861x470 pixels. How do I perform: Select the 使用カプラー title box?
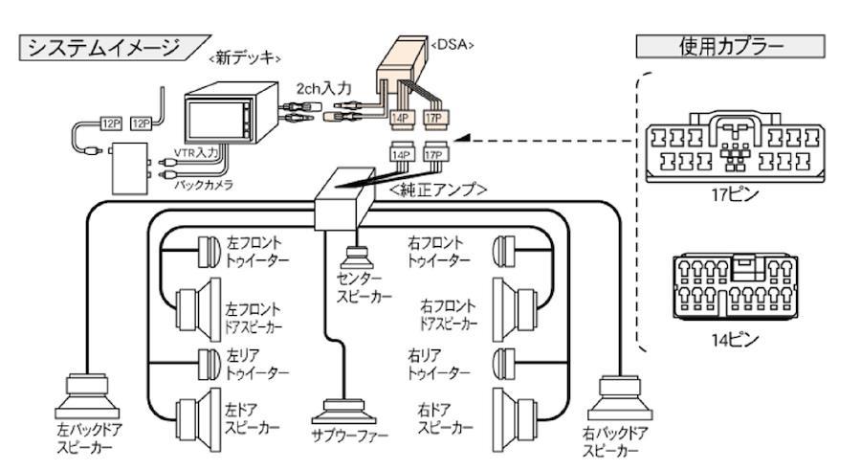[730, 46]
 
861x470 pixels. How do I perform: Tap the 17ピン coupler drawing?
[735, 146]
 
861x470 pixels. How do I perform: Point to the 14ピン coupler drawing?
[736, 286]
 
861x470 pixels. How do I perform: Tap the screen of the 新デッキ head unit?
[214, 121]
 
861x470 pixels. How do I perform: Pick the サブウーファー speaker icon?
[343, 412]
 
